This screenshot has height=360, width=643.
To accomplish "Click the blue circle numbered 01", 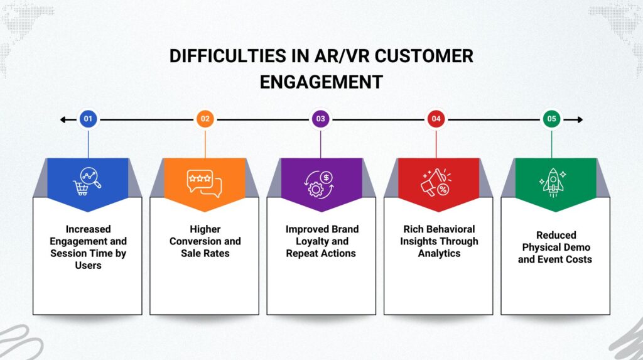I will point(88,119).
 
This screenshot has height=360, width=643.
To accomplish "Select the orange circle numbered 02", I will point(205,119).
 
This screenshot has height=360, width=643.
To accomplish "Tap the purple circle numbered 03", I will point(321,119).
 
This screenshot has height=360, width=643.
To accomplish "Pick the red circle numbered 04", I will point(436,119).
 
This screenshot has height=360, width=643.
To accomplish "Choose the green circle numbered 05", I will point(552,119).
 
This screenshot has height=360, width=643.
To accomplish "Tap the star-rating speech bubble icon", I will point(204,182).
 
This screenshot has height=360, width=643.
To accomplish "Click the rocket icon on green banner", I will point(553,182).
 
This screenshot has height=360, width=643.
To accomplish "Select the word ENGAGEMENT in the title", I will point(321,82).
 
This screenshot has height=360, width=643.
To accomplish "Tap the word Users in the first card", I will point(88,265).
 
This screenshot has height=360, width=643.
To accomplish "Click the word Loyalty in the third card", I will point(308,241).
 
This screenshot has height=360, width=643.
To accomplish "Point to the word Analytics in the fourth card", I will point(439,253).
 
